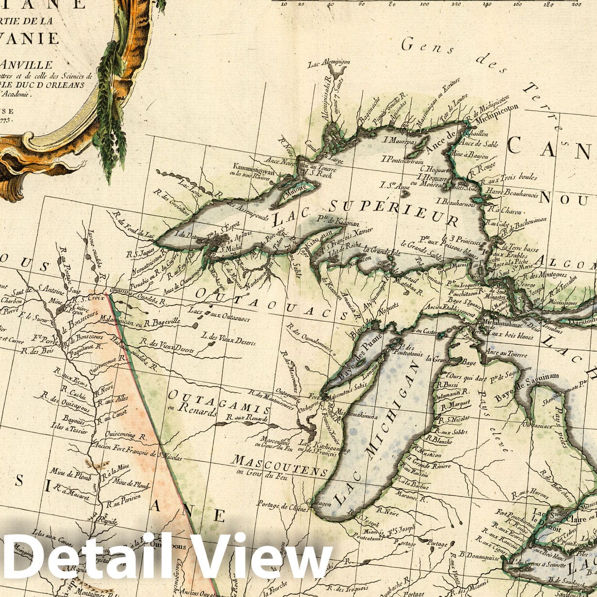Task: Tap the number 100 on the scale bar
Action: pyautogui.click(x=425, y=4)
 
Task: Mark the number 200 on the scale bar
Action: pyautogui.click(x=576, y=4)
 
